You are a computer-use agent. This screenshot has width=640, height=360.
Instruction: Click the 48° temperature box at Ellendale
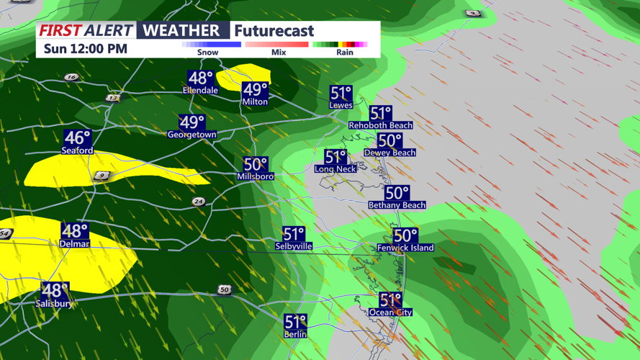pos(200,78)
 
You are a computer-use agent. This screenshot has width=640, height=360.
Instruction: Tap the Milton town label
pos(255,102)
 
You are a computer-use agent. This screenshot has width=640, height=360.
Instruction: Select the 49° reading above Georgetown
pos(191,122)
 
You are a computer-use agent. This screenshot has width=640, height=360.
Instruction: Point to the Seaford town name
pos(77,150)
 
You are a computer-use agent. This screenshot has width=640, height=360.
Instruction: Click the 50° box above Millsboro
pos(255,165)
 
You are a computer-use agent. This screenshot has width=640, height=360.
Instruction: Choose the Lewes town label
pos(341,105)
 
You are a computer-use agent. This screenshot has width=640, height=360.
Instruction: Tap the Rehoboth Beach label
pos(380,125)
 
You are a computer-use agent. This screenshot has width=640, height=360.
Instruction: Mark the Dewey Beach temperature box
pos(389,141)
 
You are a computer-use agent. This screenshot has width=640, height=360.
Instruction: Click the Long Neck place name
pos(335,169)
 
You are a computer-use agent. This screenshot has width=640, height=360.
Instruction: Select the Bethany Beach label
pos(396,205)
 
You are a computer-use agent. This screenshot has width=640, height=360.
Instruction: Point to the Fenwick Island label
pos(405,248)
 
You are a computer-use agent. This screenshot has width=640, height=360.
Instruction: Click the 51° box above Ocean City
pos(390,300)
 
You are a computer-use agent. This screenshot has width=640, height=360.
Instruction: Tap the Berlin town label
pos(295,334)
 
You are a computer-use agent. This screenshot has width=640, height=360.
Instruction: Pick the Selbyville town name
pos(294,246)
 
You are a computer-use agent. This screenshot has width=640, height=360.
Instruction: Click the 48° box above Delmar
pos(74,231)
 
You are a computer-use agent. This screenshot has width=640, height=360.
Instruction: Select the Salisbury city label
pos(54,304)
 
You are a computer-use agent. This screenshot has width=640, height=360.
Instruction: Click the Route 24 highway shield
pos(199,202)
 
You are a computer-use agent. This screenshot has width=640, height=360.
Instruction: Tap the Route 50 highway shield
pos(225,290)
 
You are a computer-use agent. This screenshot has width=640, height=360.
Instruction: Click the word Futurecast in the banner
pos(274,31)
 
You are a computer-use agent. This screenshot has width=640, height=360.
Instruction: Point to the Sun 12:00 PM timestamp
pos(85,49)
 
